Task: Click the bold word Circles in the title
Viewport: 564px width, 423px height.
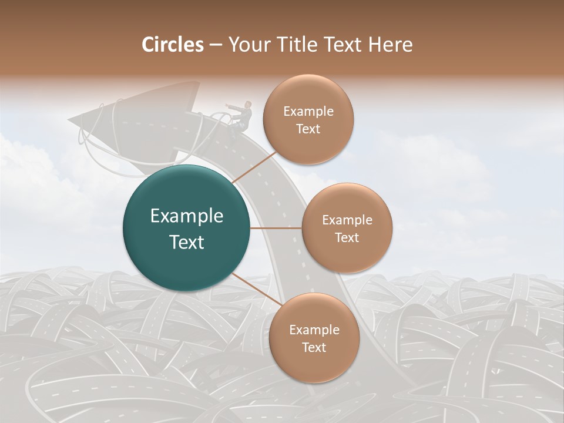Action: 173,45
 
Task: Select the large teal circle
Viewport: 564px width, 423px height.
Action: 186,228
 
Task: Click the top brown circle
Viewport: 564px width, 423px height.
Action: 308,119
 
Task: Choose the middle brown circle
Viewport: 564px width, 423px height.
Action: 347,228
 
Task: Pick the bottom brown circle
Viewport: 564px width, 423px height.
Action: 314,338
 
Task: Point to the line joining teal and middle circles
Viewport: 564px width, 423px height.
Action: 276,228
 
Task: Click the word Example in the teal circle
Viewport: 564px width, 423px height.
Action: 186,216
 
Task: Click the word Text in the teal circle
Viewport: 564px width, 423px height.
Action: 186,241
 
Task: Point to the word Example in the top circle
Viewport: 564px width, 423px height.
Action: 308,111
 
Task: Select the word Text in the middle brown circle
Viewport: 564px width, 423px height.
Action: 347,237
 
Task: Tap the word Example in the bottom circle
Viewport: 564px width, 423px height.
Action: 314,330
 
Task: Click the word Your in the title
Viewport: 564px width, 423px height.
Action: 244,45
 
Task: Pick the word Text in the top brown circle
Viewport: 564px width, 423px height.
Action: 308,129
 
